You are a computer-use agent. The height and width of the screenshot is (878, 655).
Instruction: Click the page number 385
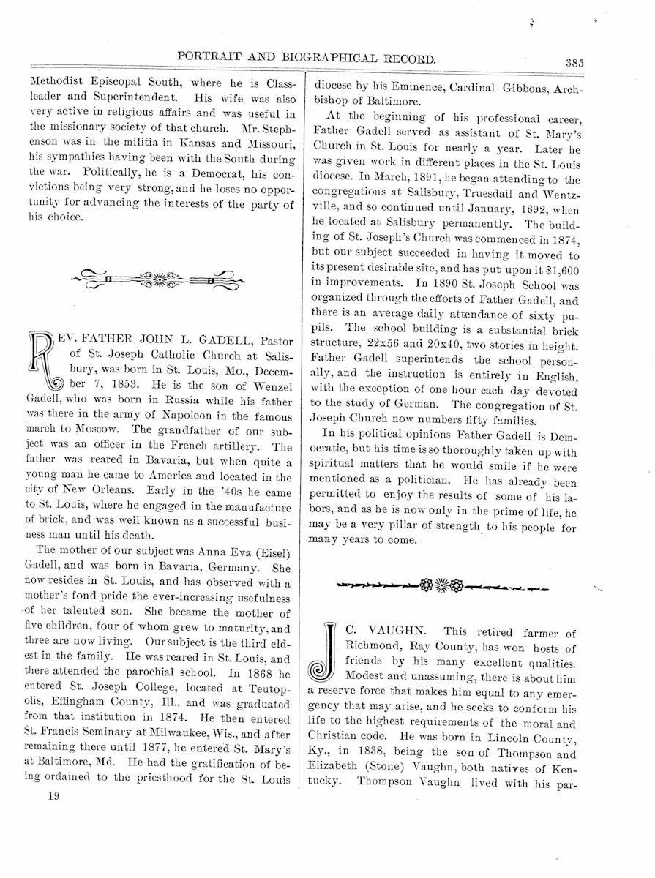pos(574,63)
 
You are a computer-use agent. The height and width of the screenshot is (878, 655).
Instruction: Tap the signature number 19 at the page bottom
pos(51,797)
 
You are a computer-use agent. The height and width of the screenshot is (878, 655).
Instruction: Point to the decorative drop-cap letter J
pos(323,650)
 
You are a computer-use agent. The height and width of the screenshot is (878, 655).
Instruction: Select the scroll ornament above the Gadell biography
pos(159,279)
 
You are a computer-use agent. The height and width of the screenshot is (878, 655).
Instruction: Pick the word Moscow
pos(94,431)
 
